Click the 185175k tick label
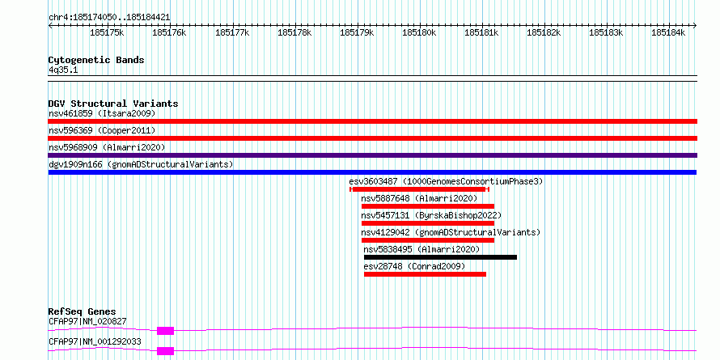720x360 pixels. pyautogui.click(x=107, y=32)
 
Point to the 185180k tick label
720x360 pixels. pyautogui.click(x=419, y=32)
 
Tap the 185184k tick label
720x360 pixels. pyautogui.click(x=668, y=32)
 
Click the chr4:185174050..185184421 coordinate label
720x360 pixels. pyautogui.click(x=109, y=18)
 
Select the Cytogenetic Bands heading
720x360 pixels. pyautogui.click(x=96, y=60)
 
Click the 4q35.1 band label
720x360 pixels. pyautogui.click(x=63, y=70)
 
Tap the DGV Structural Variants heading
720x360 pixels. pyautogui.click(x=113, y=104)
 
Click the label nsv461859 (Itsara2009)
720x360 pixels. pyautogui.click(x=102, y=113)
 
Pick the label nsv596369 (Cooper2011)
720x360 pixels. pyautogui.click(x=102, y=130)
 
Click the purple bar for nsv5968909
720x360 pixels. pyautogui.click(x=373, y=155)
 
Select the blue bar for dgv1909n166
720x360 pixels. pyautogui.click(x=372, y=172)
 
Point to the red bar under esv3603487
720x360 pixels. pyautogui.click(x=419, y=189)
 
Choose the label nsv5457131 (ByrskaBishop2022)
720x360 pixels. pyautogui.click(x=431, y=215)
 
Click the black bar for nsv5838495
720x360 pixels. pyautogui.click(x=440, y=257)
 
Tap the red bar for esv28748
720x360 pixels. pyautogui.click(x=425, y=274)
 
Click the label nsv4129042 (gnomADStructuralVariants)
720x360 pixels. pyautogui.click(x=451, y=232)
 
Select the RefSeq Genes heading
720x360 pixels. pyautogui.click(x=83, y=311)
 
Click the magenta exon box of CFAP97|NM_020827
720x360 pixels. pyautogui.click(x=165, y=331)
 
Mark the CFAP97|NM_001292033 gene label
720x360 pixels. pyautogui.click(x=95, y=341)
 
